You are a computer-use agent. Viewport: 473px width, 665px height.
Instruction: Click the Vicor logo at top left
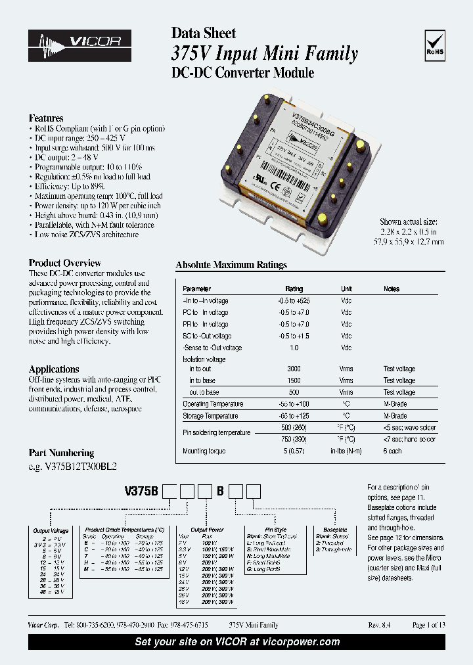tap(79, 45)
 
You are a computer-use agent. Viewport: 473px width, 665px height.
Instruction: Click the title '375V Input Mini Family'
tap(265, 54)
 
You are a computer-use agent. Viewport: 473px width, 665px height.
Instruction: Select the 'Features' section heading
tap(46, 118)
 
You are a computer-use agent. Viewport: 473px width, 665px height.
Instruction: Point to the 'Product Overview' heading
tap(65, 263)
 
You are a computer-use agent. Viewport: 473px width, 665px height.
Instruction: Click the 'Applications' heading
tap(54, 369)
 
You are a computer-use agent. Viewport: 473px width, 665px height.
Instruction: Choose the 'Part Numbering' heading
tap(61, 453)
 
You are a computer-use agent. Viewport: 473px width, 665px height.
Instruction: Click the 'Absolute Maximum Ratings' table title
tap(231, 265)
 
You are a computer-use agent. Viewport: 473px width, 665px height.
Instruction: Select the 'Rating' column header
tap(294, 289)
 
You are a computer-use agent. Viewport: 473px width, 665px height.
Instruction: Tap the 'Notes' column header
tap(392, 289)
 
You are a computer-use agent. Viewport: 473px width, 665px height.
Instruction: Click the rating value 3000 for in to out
tap(294, 369)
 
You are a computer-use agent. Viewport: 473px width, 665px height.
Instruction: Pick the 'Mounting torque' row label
tap(204, 451)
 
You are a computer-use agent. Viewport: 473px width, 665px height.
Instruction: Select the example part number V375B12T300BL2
tap(72, 466)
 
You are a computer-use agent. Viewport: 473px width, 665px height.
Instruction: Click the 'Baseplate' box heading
tap(335, 530)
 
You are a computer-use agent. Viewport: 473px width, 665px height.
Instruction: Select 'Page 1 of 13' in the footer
tap(428, 625)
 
